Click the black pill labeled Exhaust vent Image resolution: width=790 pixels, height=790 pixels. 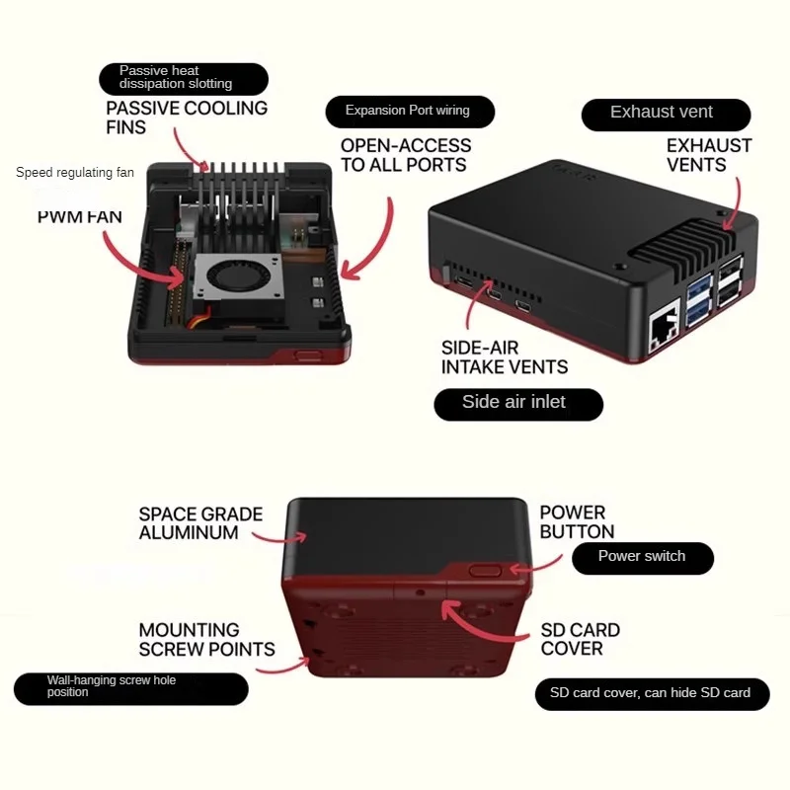pos(661,114)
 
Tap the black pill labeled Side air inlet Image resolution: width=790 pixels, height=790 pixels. pos(517,403)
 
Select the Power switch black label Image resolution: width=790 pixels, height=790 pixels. pos(642,557)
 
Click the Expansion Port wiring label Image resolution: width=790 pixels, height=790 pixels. pos(409,111)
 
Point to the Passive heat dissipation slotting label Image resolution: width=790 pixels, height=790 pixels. pos(183,78)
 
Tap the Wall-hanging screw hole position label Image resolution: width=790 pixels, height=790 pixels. pos(130,687)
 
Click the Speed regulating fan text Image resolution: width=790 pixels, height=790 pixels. pos(75,173)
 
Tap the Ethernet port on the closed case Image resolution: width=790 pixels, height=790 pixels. pos(658,336)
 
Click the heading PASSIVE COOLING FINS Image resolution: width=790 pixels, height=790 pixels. pos(187,118)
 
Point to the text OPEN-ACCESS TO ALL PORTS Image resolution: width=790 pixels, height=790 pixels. pos(406,155)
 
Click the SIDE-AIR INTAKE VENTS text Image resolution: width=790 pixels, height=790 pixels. pos(504,357)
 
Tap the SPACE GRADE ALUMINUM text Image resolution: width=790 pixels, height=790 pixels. pos(200,523)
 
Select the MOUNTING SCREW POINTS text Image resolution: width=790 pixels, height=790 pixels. pos(206,640)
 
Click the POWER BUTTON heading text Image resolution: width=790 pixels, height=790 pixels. pos(577,521)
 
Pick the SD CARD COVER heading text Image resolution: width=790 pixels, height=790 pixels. pos(580,639)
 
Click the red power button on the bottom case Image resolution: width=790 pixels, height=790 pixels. pos(484,570)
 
